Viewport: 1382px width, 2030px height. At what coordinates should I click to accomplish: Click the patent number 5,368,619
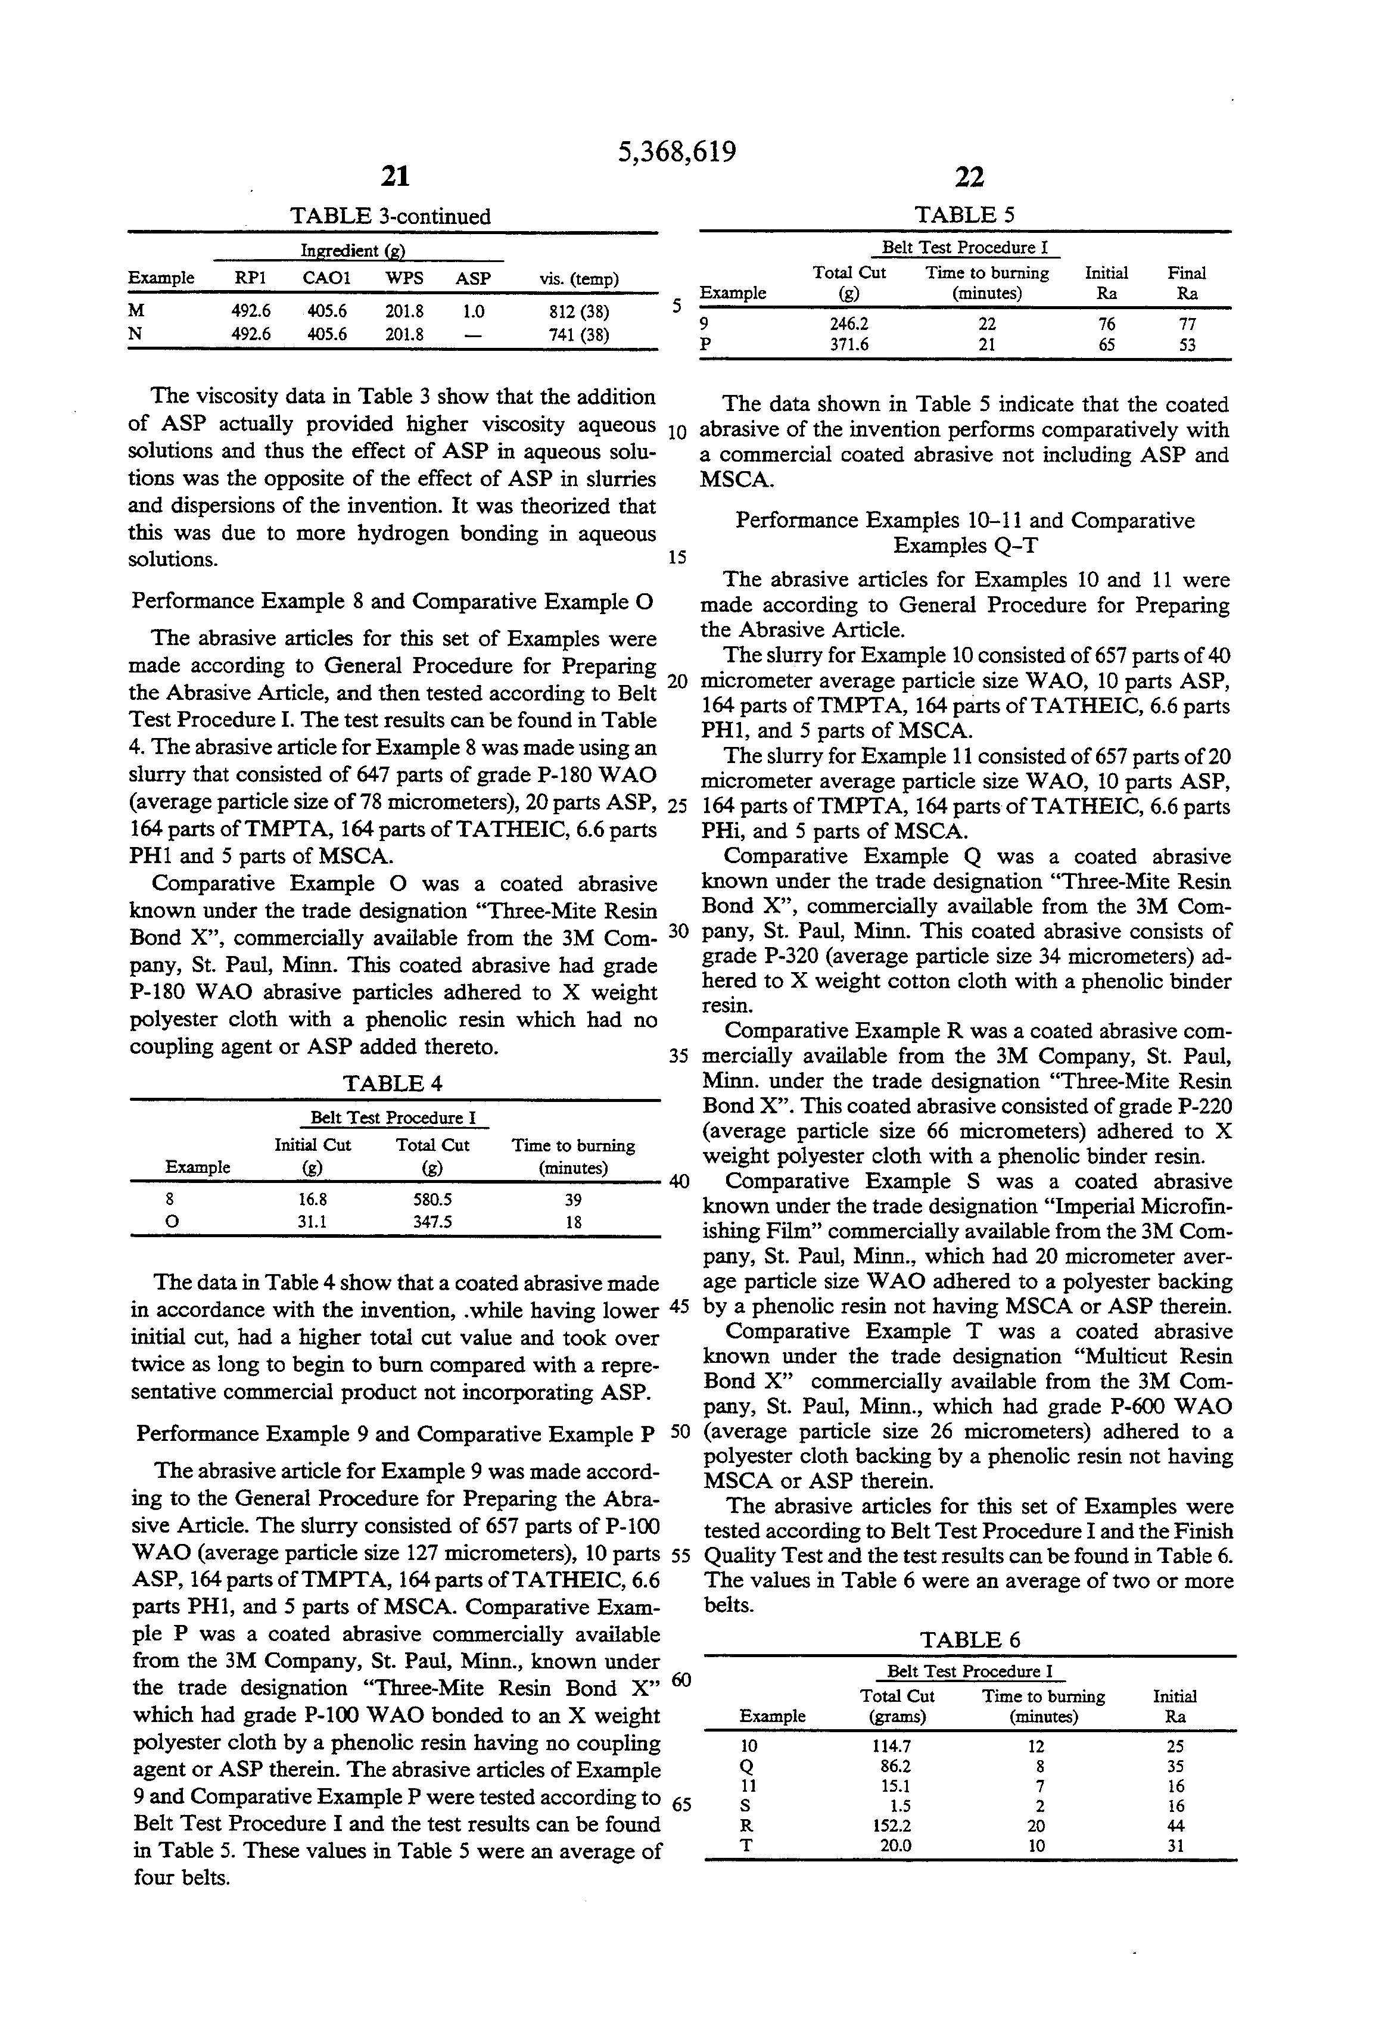click(x=677, y=152)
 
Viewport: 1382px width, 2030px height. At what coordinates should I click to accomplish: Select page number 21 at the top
click(x=396, y=178)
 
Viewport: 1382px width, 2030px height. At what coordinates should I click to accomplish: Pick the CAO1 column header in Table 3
click(x=326, y=279)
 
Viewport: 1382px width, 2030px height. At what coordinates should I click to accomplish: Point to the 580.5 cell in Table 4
click(x=432, y=1200)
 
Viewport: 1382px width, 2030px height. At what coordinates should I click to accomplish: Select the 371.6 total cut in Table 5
click(x=849, y=344)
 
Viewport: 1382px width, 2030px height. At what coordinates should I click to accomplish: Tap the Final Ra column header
click(x=1187, y=283)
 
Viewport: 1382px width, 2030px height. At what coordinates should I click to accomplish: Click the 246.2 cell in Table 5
click(x=849, y=323)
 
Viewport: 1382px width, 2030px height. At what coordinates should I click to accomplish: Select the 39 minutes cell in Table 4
click(x=573, y=1200)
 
